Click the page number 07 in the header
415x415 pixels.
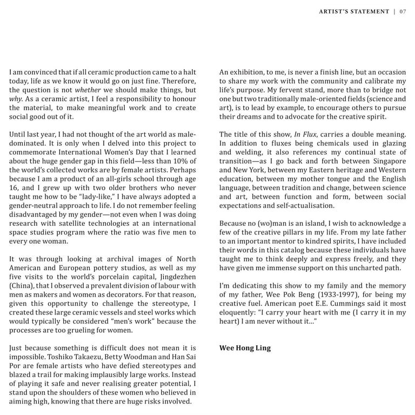(403, 11)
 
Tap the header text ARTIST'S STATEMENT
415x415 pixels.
(354, 11)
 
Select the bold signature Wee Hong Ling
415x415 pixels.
(245, 348)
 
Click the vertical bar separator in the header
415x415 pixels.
(394, 11)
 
